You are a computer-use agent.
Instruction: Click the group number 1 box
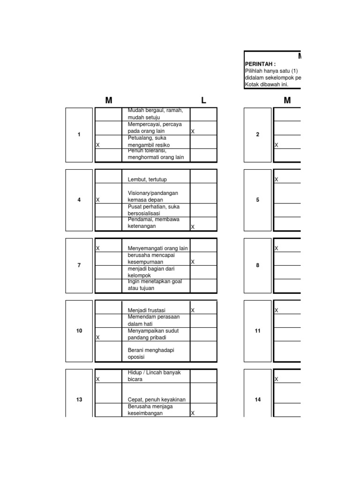coord(79,135)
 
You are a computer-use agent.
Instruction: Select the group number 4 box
coord(79,200)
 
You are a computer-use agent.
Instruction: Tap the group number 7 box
coord(79,265)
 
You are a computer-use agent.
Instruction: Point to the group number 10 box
coord(79,331)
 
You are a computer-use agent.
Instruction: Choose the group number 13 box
coord(79,400)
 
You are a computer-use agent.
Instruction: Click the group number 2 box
coord(257,135)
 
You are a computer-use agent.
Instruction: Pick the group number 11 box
coord(257,331)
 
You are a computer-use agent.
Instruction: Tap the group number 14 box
coord(257,400)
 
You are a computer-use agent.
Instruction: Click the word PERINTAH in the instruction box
coord(261,64)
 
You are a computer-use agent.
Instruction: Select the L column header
coord(203,100)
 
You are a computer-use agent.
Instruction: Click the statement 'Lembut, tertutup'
coord(147,180)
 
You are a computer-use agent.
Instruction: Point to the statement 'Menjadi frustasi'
coord(147,310)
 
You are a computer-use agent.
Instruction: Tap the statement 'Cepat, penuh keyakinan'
coord(157,399)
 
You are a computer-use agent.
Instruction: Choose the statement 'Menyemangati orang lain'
coord(157,248)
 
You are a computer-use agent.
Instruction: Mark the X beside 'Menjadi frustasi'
coord(193,310)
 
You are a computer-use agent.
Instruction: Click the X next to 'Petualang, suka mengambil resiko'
coord(97,145)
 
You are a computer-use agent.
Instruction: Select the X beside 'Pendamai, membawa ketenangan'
coord(193,227)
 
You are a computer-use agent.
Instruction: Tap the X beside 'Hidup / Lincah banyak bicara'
coord(97,379)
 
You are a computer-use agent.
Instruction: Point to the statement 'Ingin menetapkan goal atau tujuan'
coord(155,285)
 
